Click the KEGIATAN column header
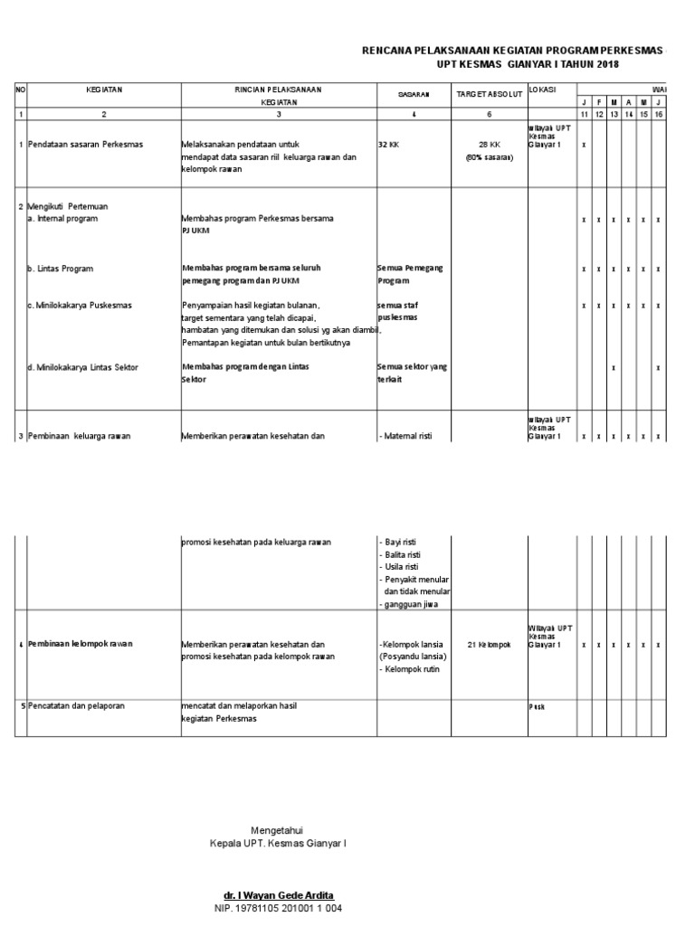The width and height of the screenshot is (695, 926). point(104,90)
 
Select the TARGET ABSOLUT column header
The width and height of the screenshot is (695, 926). point(489,95)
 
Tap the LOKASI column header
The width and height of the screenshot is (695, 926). point(543,90)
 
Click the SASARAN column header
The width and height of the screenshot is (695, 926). point(413,95)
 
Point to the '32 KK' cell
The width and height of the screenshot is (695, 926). point(388,145)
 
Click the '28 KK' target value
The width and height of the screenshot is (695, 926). point(489,145)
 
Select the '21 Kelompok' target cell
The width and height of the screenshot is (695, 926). point(489,644)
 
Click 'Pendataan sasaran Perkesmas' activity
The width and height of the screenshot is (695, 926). point(91,145)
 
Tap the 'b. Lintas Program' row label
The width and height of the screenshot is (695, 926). point(61,269)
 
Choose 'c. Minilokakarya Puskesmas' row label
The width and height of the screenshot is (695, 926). point(80,305)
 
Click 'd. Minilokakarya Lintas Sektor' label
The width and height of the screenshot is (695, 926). point(89,367)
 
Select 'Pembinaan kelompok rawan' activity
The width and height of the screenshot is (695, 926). point(81,644)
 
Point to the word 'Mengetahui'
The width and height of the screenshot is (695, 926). point(277,830)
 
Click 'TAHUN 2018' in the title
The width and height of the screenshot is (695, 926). point(595,65)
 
